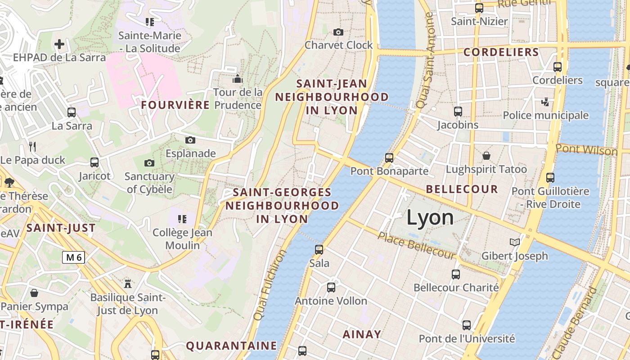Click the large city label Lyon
430,218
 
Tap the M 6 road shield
73,257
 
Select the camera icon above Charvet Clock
338,32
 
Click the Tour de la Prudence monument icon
237,79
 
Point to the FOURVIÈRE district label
175,105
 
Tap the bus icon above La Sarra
71,112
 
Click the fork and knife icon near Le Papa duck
32,146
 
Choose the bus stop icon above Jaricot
94,162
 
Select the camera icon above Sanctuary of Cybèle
149,163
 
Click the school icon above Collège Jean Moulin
182,219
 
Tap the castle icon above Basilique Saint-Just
128,283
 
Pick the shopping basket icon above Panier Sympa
34,293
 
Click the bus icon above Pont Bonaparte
389,157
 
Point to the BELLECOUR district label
462,189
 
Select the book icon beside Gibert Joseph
515,243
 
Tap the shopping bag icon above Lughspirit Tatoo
486,156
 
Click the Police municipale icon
545,102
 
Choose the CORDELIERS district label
501,52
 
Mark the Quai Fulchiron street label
270,285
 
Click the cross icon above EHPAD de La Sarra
59,44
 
